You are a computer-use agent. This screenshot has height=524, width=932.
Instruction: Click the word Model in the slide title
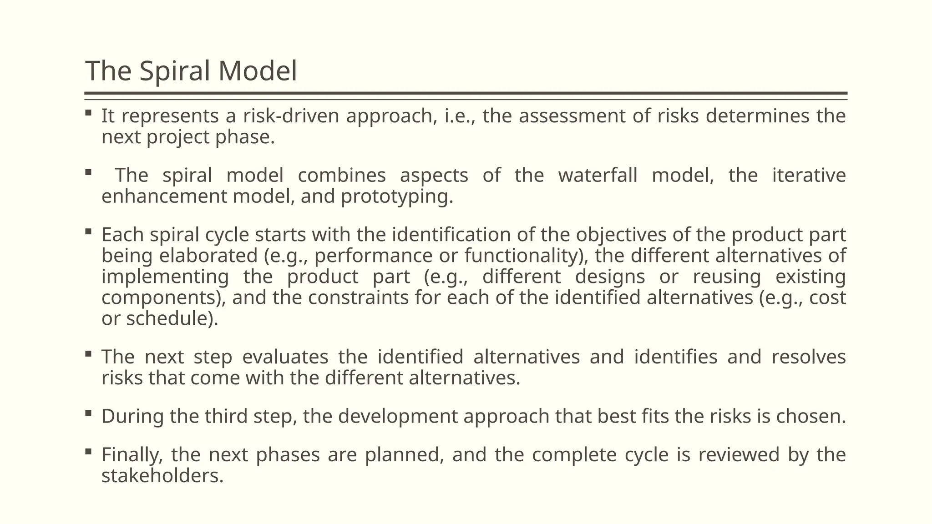pyautogui.click(x=258, y=71)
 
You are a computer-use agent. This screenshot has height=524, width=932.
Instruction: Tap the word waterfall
pyautogui.click(x=598, y=176)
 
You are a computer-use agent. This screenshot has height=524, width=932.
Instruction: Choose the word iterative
pyautogui.click(x=809, y=176)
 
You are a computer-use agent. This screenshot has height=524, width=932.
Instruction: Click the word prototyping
pyautogui.click(x=397, y=196)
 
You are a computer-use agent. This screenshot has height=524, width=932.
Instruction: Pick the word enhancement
pyautogui.click(x=164, y=196)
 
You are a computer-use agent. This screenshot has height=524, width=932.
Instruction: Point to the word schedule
pyautogui.click(x=169, y=318)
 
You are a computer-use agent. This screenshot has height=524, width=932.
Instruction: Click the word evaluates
pyautogui.click(x=285, y=357)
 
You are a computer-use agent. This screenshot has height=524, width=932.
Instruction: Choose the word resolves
pyautogui.click(x=809, y=357)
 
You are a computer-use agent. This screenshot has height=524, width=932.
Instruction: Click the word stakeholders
pyautogui.click(x=162, y=476)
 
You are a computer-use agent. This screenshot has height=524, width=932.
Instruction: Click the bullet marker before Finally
pyautogui.click(x=88, y=452)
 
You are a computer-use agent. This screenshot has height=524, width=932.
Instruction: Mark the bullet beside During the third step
pyautogui.click(x=88, y=413)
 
